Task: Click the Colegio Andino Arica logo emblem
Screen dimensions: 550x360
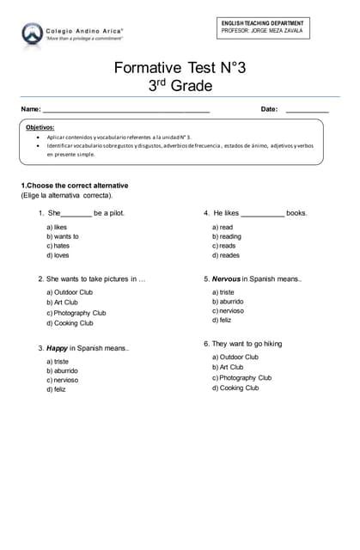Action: (32, 34)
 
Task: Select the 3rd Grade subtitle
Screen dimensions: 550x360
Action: (180, 86)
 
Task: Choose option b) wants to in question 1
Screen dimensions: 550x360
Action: (63, 235)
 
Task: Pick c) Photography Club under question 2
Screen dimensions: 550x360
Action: (76, 313)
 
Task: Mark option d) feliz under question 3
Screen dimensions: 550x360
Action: (56, 389)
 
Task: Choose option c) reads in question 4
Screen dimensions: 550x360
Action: (223, 245)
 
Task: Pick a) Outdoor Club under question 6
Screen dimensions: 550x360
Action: (235, 357)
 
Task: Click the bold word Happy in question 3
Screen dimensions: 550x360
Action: (57, 348)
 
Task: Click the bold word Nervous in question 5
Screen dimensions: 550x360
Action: (226, 278)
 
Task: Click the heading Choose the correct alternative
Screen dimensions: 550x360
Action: (74, 185)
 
